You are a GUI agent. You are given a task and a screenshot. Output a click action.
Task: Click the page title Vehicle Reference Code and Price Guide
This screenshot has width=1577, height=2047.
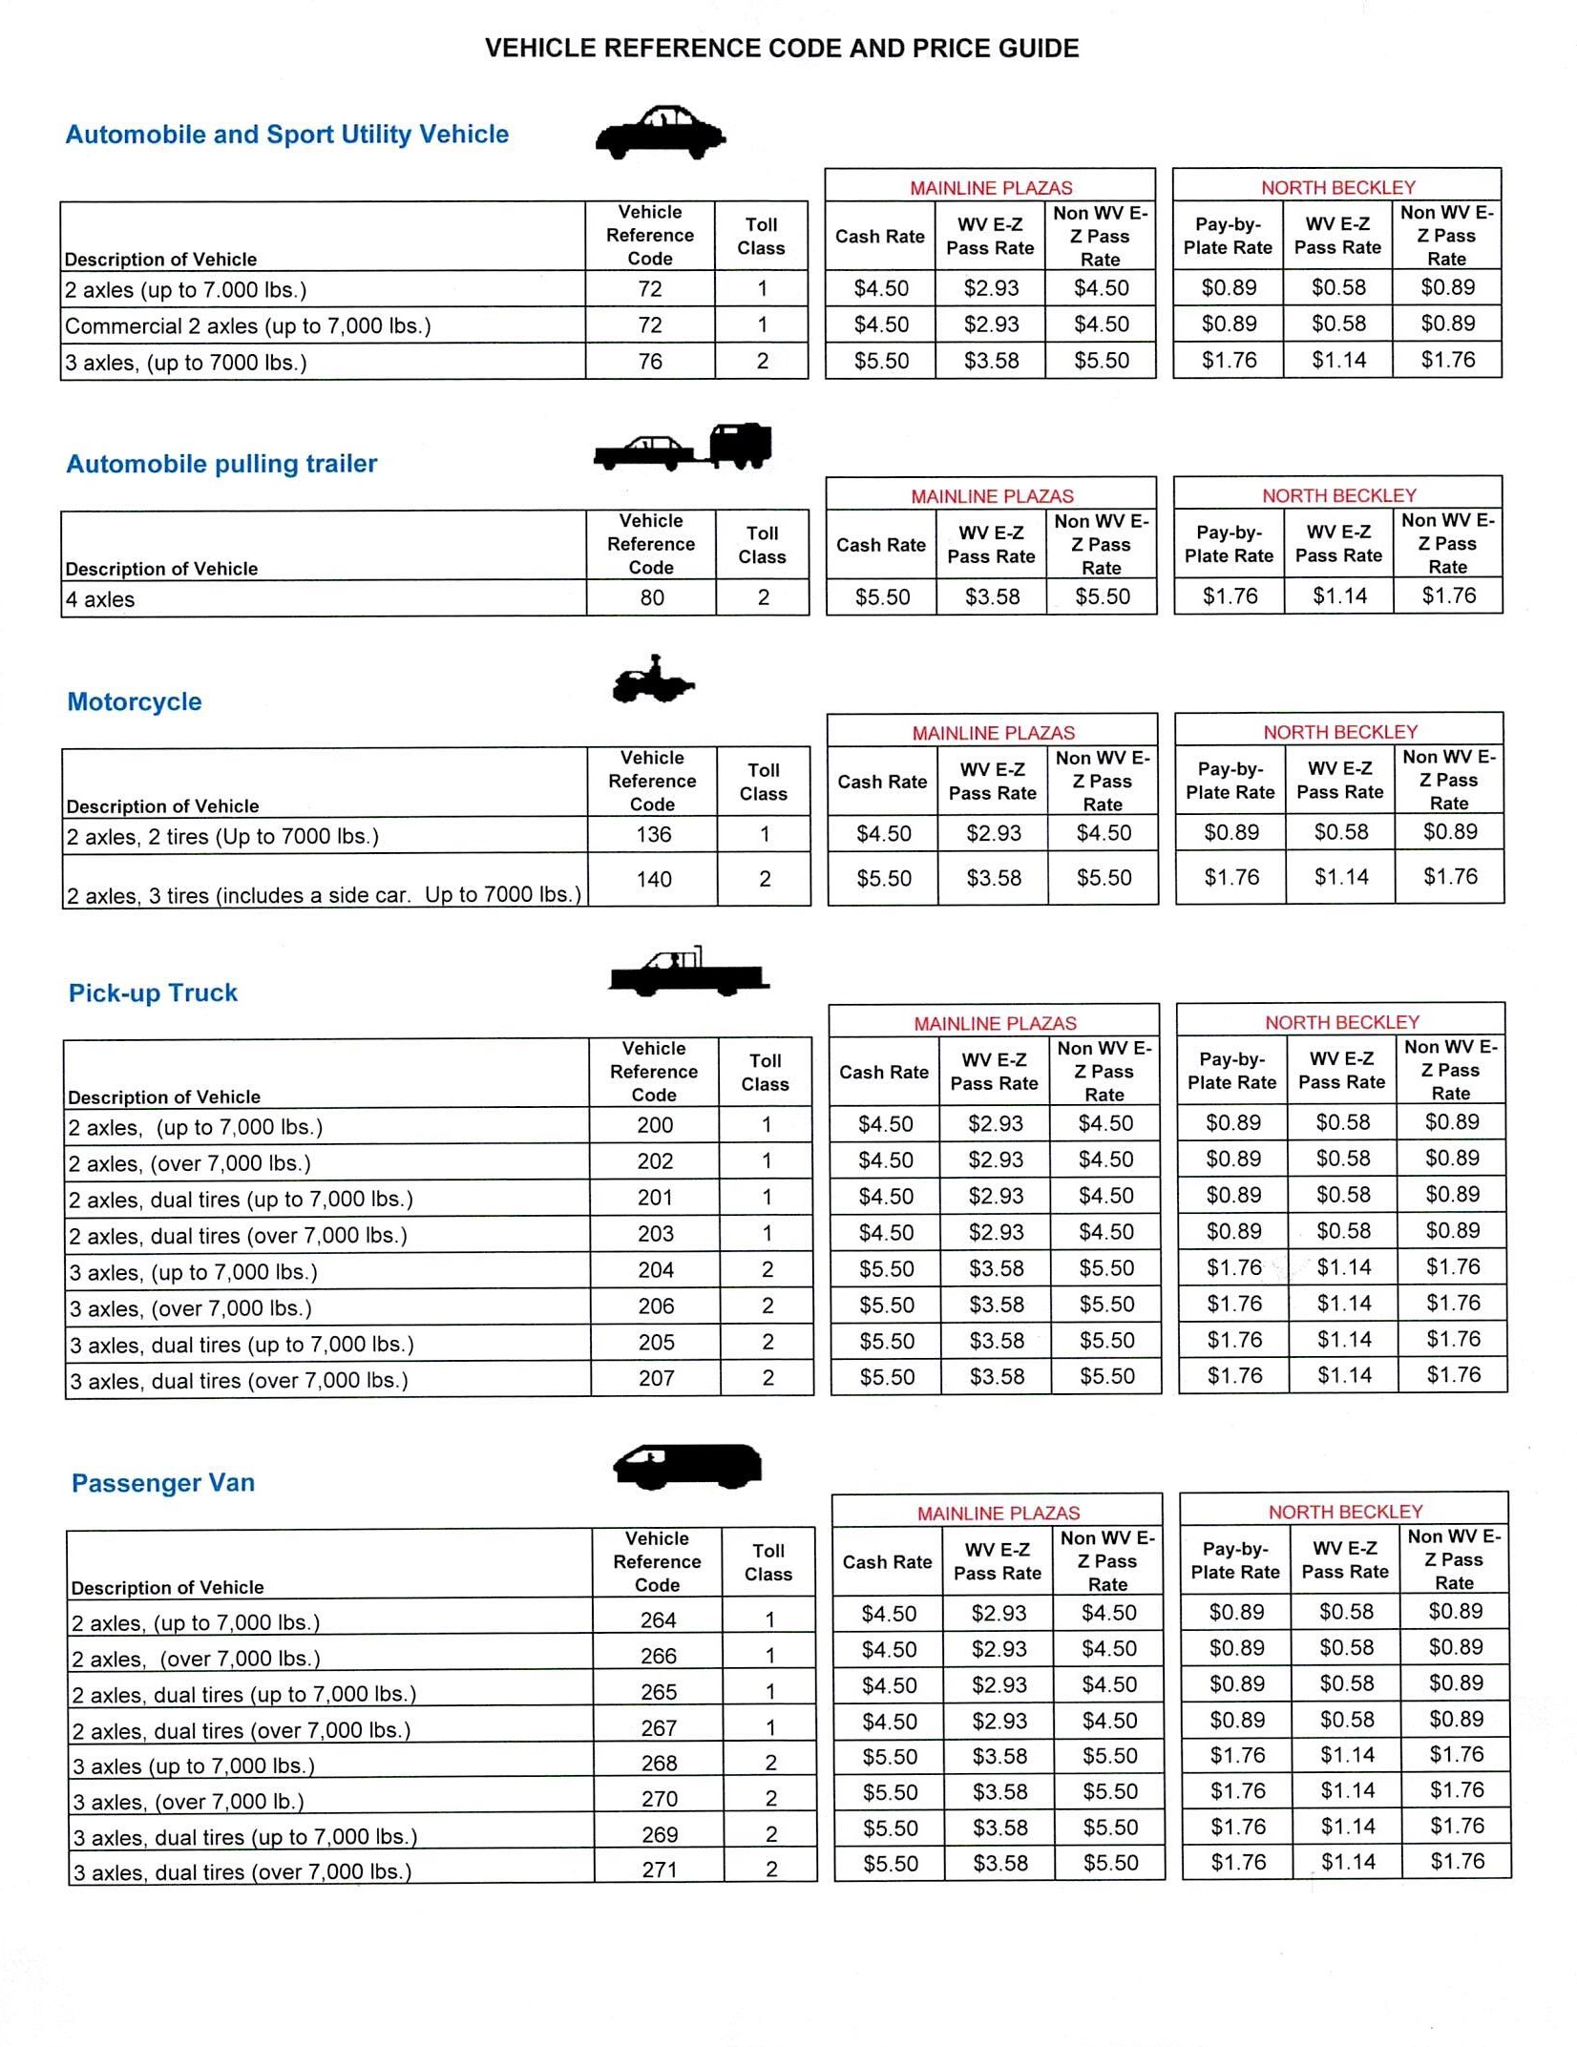[x=782, y=49]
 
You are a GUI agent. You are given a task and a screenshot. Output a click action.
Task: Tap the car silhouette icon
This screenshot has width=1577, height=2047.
[x=660, y=134]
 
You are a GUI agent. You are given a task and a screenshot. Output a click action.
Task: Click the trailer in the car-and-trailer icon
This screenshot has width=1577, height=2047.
[x=741, y=445]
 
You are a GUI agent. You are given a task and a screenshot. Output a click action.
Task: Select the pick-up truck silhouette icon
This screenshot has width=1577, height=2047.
[x=688, y=972]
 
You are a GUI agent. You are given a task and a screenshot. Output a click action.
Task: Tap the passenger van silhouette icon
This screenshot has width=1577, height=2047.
[x=687, y=1466]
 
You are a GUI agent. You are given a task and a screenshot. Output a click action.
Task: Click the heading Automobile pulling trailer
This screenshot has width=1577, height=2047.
[x=221, y=464]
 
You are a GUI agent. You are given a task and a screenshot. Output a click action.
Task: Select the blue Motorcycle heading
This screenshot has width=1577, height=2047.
[x=135, y=701]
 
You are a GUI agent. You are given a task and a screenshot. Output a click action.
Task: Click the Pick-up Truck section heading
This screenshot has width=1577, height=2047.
[x=153, y=992]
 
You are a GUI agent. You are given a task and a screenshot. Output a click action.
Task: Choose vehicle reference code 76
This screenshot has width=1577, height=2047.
[x=650, y=362]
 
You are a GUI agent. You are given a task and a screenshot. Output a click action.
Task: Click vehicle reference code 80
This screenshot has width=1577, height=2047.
[x=652, y=598]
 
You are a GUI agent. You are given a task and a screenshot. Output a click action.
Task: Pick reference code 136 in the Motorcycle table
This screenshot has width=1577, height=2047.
[x=654, y=835]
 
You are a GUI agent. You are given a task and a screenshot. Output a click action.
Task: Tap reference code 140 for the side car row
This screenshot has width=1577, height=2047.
[x=654, y=879]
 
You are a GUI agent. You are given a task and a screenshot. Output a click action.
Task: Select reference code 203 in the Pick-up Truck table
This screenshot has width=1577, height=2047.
[x=656, y=1234]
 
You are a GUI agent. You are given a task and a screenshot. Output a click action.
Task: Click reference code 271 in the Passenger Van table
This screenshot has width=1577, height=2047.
[x=660, y=1869]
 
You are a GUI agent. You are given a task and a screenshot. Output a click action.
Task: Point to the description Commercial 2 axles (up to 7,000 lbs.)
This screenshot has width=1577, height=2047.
[x=248, y=326]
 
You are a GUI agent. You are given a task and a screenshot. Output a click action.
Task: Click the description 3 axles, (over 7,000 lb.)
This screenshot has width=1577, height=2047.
[x=189, y=1802]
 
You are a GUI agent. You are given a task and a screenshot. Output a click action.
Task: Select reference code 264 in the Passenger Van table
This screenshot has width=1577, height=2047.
[x=659, y=1620]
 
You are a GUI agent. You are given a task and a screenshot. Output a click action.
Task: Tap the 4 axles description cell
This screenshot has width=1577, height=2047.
[x=100, y=599]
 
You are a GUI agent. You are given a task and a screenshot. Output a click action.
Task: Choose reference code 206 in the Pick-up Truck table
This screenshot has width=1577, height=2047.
[x=656, y=1306]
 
